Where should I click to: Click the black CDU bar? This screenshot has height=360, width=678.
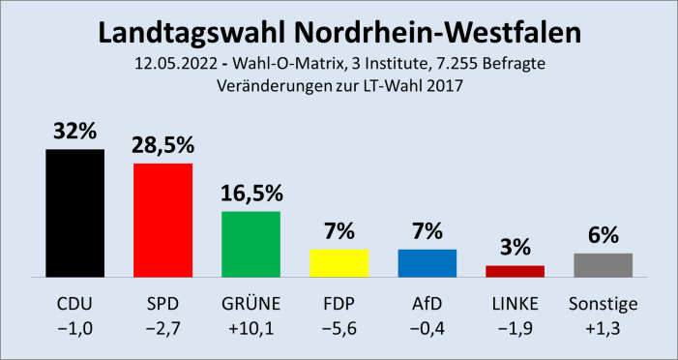[74, 213]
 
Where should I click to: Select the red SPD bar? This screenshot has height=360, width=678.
[162, 220]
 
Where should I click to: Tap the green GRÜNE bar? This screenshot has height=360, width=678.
[251, 244]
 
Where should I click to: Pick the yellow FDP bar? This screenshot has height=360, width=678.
[339, 262]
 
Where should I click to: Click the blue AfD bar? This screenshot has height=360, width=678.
[427, 262]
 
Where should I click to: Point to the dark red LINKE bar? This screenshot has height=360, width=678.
[515, 271]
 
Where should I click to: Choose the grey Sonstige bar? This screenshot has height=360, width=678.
[603, 264]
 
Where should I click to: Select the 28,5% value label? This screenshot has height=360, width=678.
[162, 146]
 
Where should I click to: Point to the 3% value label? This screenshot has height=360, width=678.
[515, 247]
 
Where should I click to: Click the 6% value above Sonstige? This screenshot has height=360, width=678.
[603, 235]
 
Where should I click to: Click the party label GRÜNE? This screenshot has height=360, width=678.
[251, 305]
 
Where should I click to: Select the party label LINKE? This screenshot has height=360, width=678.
[515, 305]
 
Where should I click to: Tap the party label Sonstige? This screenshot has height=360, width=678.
[603, 305]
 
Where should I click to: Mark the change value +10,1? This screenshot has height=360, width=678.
[251, 332]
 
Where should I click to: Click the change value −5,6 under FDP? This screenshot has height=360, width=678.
[339, 332]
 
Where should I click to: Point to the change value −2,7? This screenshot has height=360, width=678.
[162, 332]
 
